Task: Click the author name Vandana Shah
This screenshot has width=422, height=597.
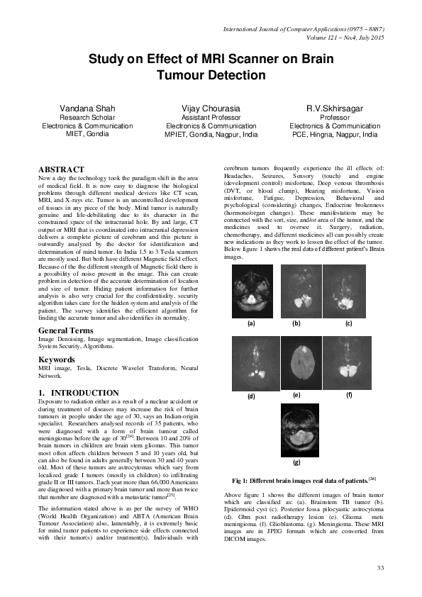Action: pyautogui.click(x=89, y=108)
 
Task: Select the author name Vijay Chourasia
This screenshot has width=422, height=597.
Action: pyautogui.click(x=211, y=108)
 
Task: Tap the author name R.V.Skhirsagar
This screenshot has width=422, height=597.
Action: pyautogui.click(x=334, y=108)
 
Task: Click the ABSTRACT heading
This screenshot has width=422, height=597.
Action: pyautogui.click(x=60, y=169)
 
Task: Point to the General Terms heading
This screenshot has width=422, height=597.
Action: pyautogui.click(x=67, y=331)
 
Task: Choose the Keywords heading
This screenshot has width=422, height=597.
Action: pyautogui.click(x=57, y=359)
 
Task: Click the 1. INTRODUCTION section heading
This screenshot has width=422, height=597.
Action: pyautogui.click(x=78, y=393)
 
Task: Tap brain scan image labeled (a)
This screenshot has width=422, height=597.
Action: pyautogui.click(x=250, y=291)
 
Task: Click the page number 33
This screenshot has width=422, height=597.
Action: pyautogui.click(x=380, y=568)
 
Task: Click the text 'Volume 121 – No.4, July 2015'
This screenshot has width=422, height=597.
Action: pyautogui.click(x=340, y=38)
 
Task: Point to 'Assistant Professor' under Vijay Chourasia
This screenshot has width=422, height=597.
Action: pyautogui.click(x=211, y=117)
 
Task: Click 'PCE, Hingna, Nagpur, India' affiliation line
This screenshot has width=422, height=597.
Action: pyautogui.click(x=334, y=133)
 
